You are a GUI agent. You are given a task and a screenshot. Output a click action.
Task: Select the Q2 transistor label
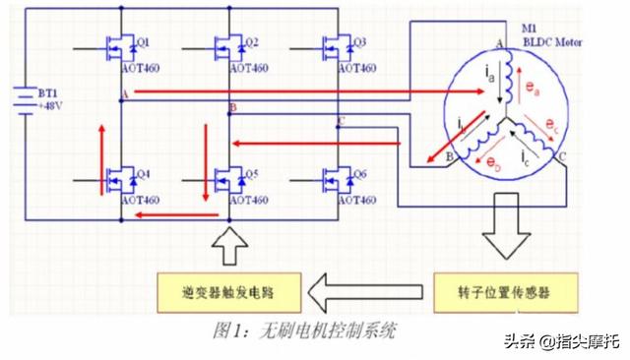coord(251,42)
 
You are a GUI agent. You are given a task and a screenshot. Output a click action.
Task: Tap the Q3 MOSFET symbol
coord(338,47)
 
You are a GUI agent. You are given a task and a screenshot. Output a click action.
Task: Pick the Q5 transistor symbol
coord(229,179)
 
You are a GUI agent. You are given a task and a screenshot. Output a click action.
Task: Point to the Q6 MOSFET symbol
coord(338,179)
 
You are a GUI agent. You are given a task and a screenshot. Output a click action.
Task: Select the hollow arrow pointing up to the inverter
coord(227,246)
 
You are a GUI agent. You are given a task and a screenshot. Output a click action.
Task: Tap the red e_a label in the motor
coord(533,89)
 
